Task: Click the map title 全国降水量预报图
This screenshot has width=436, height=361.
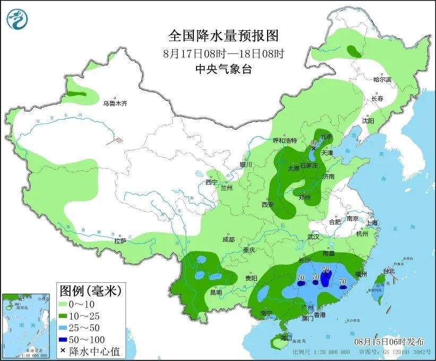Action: pos(223,36)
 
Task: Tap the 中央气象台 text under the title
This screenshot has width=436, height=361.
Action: pos(223,68)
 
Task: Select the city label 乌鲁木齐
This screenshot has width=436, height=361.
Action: pos(115,103)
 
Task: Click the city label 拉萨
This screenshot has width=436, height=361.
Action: pos(119,241)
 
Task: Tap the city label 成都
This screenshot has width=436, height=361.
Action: pos(228,240)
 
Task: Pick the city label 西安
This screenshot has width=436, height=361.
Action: pos(267,204)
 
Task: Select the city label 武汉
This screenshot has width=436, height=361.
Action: pos(315,237)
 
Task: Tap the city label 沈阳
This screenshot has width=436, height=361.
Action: pos(368,121)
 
